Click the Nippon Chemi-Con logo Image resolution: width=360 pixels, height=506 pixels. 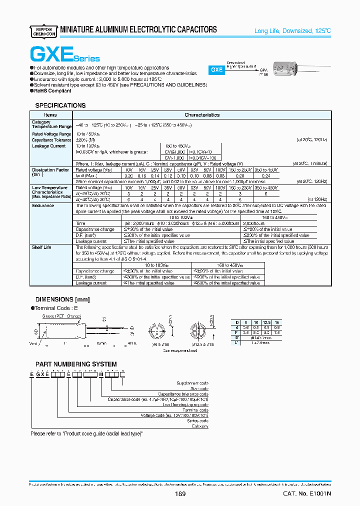[x=43, y=30]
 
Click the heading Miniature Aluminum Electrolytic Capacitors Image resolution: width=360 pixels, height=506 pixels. [x=138, y=30]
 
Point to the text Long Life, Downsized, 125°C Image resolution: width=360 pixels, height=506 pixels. [x=292, y=31]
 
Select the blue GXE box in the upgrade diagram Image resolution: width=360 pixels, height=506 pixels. [x=216, y=70]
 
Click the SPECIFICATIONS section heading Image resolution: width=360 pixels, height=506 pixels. [x=60, y=105]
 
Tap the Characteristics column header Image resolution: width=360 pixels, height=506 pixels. [x=202, y=115]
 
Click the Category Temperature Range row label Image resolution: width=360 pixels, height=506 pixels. [x=51, y=124]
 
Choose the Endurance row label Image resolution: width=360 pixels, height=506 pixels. [x=43, y=205]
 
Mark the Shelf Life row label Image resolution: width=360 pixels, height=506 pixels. [x=42, y=247]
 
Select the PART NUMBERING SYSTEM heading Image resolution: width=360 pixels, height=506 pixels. [x=75, y=364]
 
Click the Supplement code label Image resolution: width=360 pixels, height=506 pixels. [x=192, y=383]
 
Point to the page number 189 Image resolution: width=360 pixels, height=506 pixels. [x=180, y=494]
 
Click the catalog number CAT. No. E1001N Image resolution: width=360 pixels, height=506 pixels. [x=307, y=494]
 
